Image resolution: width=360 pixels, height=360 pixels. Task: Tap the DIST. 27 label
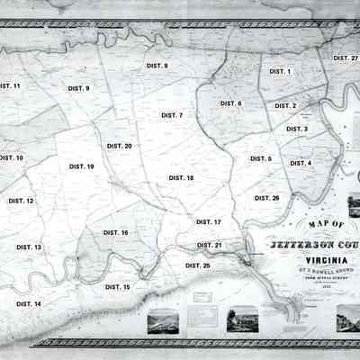pos(346,58)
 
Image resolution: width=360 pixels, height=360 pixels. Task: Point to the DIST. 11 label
pos(10,85)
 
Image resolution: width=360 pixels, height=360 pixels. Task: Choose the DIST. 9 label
pos(78,88)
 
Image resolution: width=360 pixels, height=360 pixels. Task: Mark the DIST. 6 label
pos(230,103)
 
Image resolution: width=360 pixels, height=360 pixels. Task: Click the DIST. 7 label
pos(171,115)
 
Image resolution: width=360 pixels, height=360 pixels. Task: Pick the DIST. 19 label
pos(81,166)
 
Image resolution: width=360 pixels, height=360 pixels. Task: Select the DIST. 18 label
pos(181,178)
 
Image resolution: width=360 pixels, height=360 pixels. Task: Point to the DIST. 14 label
pos(28,304)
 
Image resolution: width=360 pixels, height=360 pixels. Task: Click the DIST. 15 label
pos(117,286)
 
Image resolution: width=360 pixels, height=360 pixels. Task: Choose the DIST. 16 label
pos(115,232)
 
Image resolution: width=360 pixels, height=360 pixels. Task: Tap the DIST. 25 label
pos(197,265)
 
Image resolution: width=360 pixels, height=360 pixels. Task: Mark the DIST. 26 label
pos(266,197)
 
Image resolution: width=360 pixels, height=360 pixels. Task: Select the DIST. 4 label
pos(300,163)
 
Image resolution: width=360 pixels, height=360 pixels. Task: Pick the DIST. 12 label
pos(21,201)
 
